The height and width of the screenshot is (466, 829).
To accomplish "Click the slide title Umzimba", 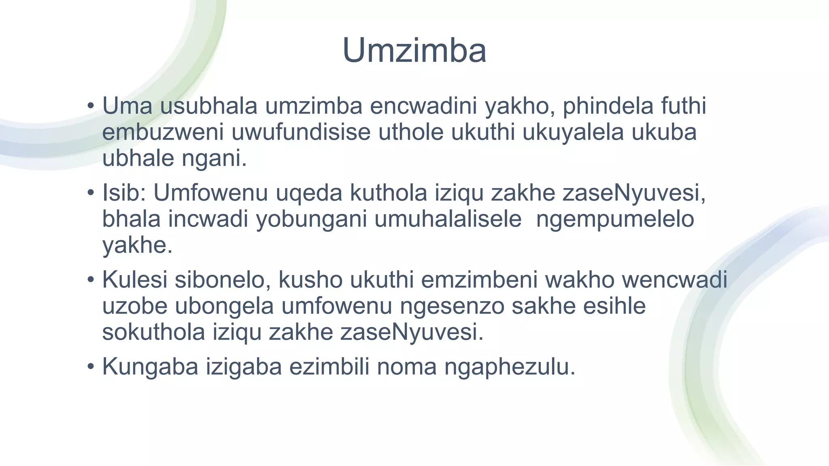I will (414, 51).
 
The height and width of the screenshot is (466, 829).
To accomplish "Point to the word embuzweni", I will (163, 132).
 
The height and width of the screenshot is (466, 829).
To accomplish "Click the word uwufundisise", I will (301, 132).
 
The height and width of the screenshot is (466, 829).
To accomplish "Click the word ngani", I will (214, 158).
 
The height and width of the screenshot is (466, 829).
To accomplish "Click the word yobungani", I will (311, 219).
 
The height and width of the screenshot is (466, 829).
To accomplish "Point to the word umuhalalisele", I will (448, 219).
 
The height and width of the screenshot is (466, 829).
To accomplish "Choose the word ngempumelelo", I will (615, 220).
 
